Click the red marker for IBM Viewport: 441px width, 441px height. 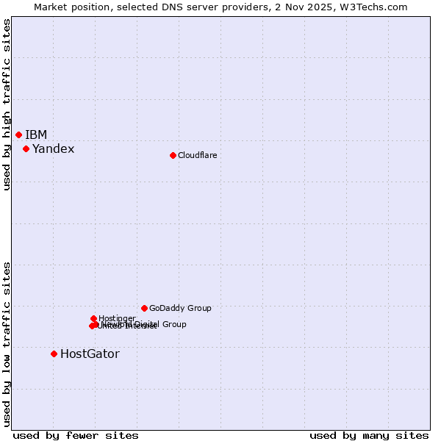tap(18, 135)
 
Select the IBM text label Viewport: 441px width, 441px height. tap(36, 135)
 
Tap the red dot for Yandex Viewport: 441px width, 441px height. tap(26, 148)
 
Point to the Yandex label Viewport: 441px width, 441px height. tap(53, 149)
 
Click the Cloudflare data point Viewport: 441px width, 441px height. tap(173, 155)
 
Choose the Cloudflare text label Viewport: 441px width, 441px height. tap(197, 155)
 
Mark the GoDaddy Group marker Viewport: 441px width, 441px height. tap(144, 308)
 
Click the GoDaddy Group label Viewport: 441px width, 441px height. tap(180, 309)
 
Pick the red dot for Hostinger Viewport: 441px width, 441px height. tap(93, 318)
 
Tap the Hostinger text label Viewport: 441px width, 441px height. tap(117, 318)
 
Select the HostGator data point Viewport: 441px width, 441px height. tap(54, 354)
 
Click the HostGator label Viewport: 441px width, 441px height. tap(90, 354)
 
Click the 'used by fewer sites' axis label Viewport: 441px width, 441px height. tap(76, 436)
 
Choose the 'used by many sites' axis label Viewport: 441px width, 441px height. tap(369, 436)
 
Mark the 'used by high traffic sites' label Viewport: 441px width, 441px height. tap(7, 104)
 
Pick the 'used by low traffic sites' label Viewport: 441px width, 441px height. tap(7, 343)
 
